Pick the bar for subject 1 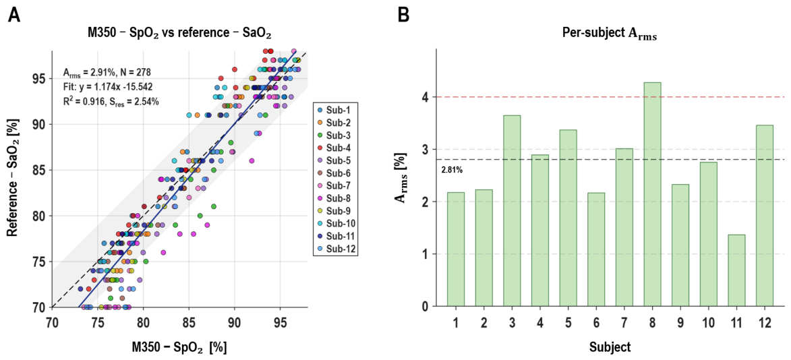click(456, 249)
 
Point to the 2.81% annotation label click(452, 170)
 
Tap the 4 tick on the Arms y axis click(428, 96)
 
